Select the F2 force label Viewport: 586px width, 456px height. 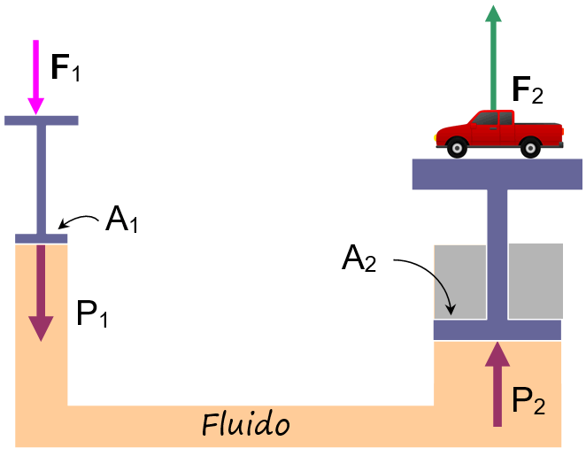point(528,90)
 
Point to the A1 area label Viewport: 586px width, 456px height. point(120,219)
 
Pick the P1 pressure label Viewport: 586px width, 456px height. point(92,314)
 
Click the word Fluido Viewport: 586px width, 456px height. point(246,425)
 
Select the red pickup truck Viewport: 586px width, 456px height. point(499,133)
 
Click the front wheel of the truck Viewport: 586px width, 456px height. point(458,148)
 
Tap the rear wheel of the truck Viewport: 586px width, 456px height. point(531,148)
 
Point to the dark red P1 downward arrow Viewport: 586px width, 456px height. point(41,292)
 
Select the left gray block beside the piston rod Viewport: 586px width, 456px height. point(459,282)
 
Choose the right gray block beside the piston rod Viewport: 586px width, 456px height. point(536,282)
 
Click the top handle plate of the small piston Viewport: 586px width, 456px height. point(41,120)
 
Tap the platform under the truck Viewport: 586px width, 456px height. point(497,174)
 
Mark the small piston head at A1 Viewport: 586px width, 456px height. point(41,238)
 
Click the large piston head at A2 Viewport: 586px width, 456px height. point(497,330)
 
